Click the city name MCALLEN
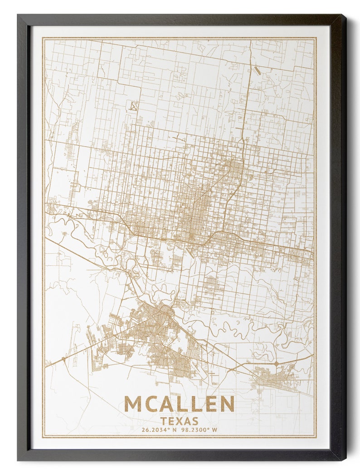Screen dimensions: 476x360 [179, 404]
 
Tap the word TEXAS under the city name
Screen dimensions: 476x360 [179, 421]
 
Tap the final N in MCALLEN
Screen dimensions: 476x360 [227, 404]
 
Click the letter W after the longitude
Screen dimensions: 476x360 [215, 430]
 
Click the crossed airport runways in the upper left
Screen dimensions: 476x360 [133, 106]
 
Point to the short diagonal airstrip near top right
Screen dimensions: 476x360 [257, 71]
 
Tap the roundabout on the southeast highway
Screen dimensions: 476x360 [276, 363]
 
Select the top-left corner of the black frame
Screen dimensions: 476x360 [18, 15]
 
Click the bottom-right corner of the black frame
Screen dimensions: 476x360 [345, 460]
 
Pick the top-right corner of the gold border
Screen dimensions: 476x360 [316, 38]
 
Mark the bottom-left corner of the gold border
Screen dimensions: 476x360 [43, 437]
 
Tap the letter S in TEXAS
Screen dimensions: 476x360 [195, 421]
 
